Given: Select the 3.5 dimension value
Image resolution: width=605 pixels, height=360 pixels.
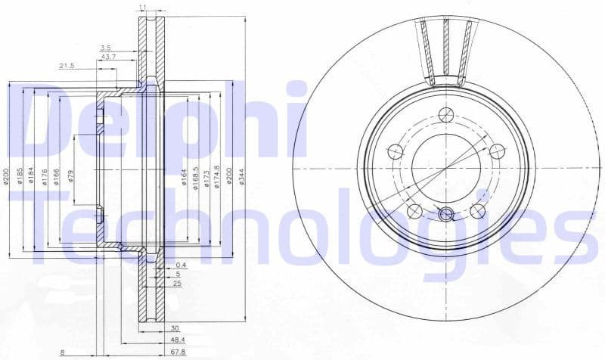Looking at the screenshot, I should (x=107, y=48).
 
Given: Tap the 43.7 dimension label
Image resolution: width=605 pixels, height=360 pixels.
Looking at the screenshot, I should (x=108, y=57).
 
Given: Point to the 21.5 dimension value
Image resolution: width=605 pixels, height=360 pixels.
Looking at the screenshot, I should (x=67, y=67).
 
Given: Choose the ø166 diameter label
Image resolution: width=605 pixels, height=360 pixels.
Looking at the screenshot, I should (x=57, y=177).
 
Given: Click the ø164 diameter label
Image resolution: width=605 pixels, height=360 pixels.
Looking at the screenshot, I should (x=184, y=177).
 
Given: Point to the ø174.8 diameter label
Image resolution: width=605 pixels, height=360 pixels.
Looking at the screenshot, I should (x=217, y=177).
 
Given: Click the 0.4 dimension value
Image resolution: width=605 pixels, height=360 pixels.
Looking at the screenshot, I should (x=180, y=265).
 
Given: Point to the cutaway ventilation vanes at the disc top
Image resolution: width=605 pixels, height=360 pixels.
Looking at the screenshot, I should (x=446, y=49).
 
